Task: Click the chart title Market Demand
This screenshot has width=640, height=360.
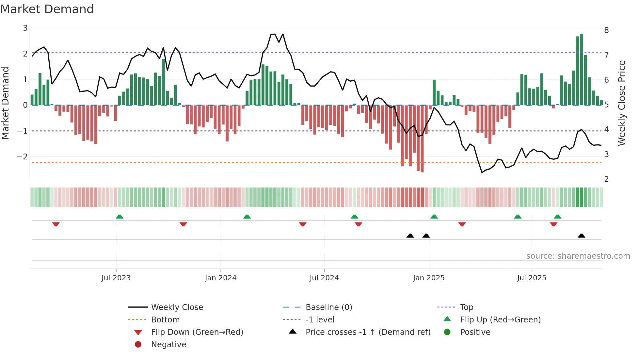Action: coord(47,9)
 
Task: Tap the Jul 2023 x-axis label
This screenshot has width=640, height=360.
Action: coord(116,278)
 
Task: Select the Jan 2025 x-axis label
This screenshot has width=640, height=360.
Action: coord(428,278)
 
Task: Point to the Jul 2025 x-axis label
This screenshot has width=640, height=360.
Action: coord(532,278)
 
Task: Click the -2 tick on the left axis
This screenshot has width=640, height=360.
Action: coord(22,156)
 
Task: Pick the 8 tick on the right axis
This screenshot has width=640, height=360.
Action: coord(606,30)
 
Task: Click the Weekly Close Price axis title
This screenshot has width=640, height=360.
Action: coord(622,103)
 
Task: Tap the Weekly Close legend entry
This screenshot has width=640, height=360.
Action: coord(177,307)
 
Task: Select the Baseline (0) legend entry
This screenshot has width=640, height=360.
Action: coord(328,307)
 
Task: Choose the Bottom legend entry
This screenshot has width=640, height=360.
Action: coord(165,319)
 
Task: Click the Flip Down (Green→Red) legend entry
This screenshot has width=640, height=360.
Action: coord(197,332)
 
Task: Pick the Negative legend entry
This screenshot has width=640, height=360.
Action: coord(168,344)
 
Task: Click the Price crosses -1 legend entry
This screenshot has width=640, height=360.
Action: coord(368,332)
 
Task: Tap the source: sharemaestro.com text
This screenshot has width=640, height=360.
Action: coord(578,256)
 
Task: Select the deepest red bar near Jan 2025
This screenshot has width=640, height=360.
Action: coord(422,139)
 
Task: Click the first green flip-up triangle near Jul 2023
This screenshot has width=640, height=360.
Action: coord(120,217)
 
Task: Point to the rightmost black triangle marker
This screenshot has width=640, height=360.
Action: coord(581,236)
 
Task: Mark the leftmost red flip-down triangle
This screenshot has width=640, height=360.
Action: coord(56,224)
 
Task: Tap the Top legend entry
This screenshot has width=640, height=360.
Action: coord(466,307)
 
